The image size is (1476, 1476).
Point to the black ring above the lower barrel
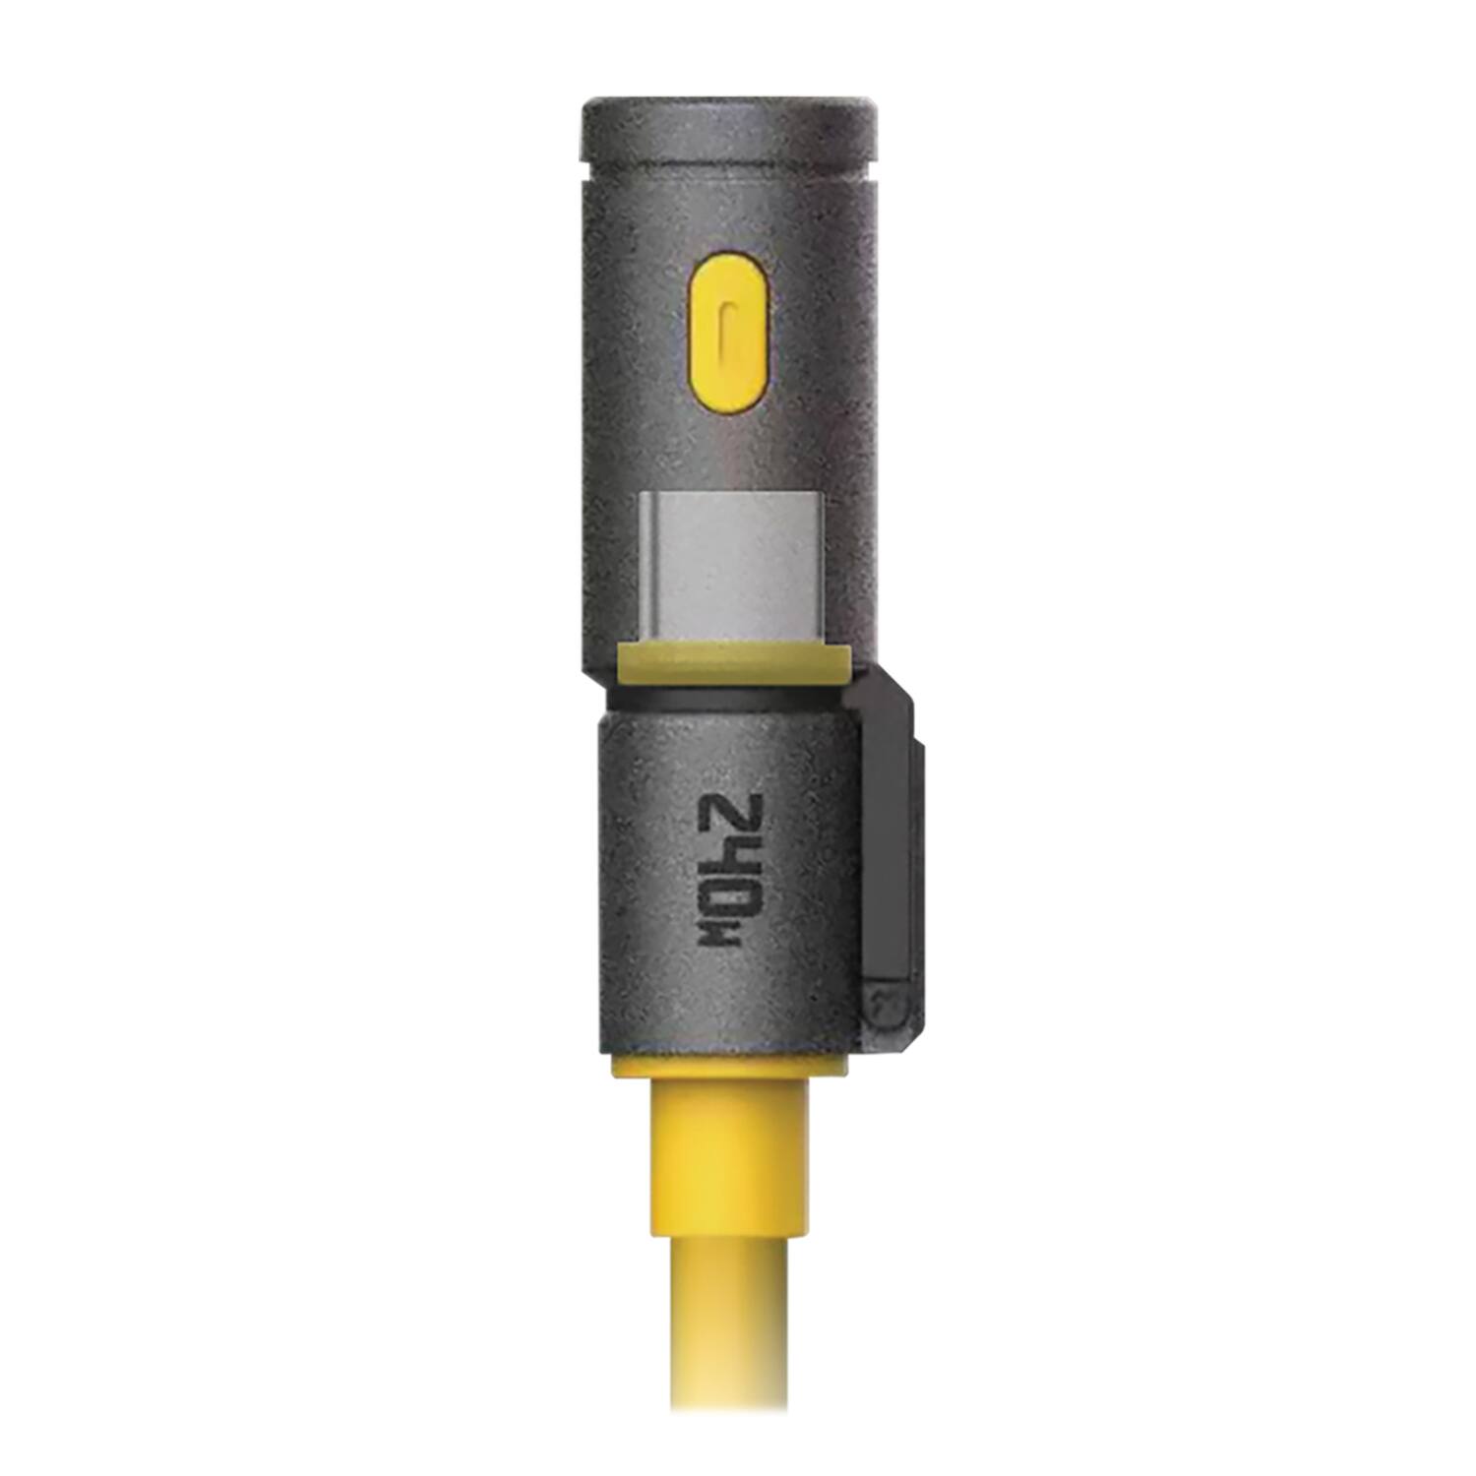tap(723, 700)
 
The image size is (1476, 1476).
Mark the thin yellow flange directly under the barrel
tap(728, 1068)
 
